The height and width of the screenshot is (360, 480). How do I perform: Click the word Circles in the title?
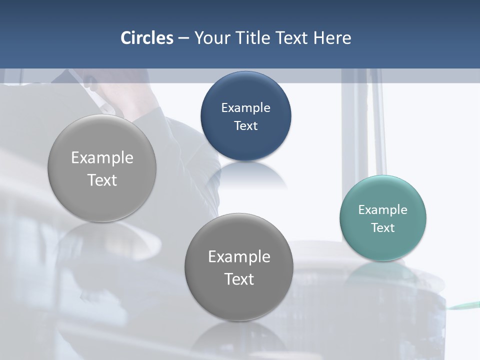click(147, 38)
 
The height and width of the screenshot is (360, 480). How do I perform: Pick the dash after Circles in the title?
click(183, 38)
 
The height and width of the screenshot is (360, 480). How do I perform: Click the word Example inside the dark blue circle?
click(246, 108)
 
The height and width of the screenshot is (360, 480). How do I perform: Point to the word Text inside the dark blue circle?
click(246, 126)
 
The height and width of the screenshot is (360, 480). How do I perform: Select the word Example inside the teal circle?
click(383, 210)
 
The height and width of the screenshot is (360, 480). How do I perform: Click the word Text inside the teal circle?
click(383, 228)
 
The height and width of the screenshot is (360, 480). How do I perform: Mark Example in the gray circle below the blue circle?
click(239, 257)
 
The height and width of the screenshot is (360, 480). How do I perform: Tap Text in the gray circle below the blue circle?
click(239, 279)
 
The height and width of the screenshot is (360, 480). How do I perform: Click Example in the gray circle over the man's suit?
click(102, 158)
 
